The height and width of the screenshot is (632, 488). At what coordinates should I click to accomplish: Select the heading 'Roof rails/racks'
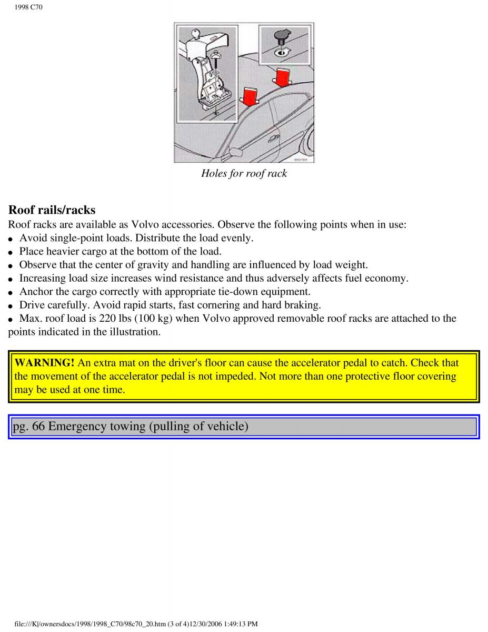[52, 210]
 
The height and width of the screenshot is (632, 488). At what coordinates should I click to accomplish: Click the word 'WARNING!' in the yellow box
[44, 363]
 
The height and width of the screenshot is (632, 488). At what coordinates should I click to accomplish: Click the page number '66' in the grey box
[38, 426]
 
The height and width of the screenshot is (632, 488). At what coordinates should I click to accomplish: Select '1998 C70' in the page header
[29, 7]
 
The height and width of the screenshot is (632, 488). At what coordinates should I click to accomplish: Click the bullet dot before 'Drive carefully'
[12, 306]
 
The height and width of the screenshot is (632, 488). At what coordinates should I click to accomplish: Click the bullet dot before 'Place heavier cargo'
[12, 252]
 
